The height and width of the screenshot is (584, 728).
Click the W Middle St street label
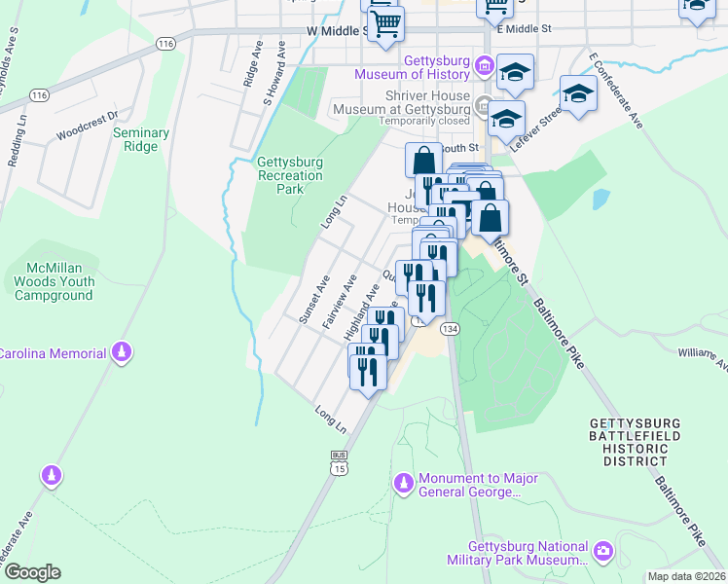pos(335,31)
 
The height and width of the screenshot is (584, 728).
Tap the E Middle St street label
pos(525,29)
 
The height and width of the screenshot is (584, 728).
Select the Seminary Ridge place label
pos(141,139)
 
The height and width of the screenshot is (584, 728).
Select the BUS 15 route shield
pos(339,462)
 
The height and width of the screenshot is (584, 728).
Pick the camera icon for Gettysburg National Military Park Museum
pos(604,552)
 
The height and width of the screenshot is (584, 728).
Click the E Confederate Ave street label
pos(617,92)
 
